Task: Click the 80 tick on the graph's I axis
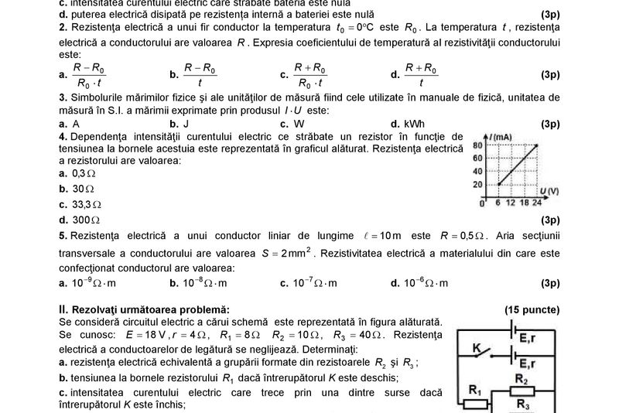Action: pyautogui.click(x=477, y=145)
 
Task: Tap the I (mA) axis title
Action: pyautogui.click(x=501, y=136)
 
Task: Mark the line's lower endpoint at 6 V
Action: pyautogui.click(x=498, y=184)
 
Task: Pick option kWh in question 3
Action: pyautogui.click(x=412, y=124)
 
